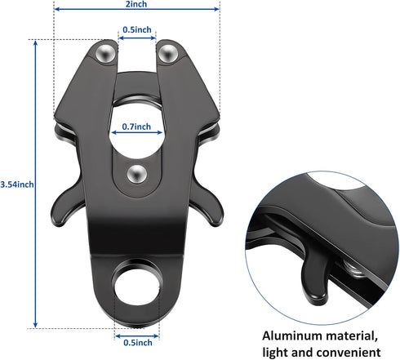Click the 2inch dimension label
point(136,4)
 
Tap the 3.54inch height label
point(17,184)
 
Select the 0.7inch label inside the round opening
point(136,127)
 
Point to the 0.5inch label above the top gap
point(137,29)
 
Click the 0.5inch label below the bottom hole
point(138,342)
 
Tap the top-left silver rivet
point(106,53)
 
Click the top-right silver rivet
point(168,53)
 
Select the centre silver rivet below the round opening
point(137,174)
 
